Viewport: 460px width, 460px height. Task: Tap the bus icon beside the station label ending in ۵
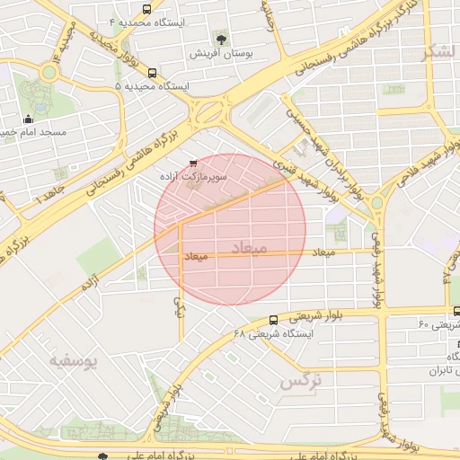(x=152, y=73)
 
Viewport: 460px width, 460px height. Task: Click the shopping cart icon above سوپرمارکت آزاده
(x=193, y=164)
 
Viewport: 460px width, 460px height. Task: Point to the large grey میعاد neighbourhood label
(x=249, y=245)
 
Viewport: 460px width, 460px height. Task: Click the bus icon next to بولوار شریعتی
(x=273, y=319)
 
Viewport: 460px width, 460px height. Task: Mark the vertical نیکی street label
(x=179, y=307)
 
